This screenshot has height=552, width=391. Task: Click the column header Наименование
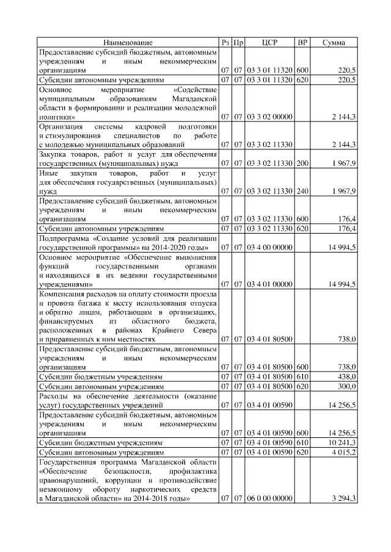coord(128,43)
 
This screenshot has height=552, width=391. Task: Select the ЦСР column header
coord(269,43)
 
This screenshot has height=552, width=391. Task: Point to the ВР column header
coord(302,43)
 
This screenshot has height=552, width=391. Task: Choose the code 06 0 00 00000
coord(269,499)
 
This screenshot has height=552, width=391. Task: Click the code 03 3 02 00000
coord(269,116)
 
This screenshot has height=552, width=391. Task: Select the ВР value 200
coord(302,163)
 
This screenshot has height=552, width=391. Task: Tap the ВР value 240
coord(302,191)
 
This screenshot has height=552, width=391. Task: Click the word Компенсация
coord(64,294)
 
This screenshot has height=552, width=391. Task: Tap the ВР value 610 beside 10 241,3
coord(302,443)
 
